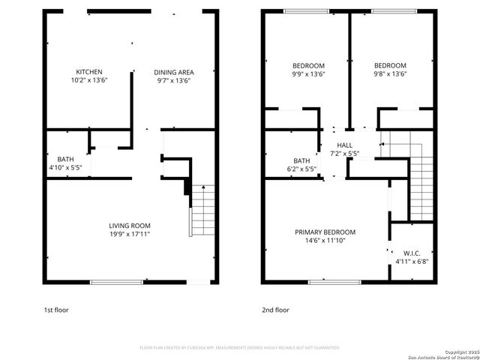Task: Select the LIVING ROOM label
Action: coord(130,226)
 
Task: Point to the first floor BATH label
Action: coord(64,159)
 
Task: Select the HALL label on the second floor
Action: coord(345,145)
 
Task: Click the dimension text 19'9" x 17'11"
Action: coord(130,234)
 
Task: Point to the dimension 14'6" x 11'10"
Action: coord(325,241)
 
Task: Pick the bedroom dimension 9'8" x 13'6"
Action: coord(390,73)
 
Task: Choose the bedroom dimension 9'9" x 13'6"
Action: coord(308,73)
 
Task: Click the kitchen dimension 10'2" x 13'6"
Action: coord(89,80)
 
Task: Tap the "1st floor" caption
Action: coord(56,309)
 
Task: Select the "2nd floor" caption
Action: coord(274,309)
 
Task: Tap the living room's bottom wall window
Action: coord(116,282)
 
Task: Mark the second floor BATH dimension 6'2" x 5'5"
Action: coord(301,169)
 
